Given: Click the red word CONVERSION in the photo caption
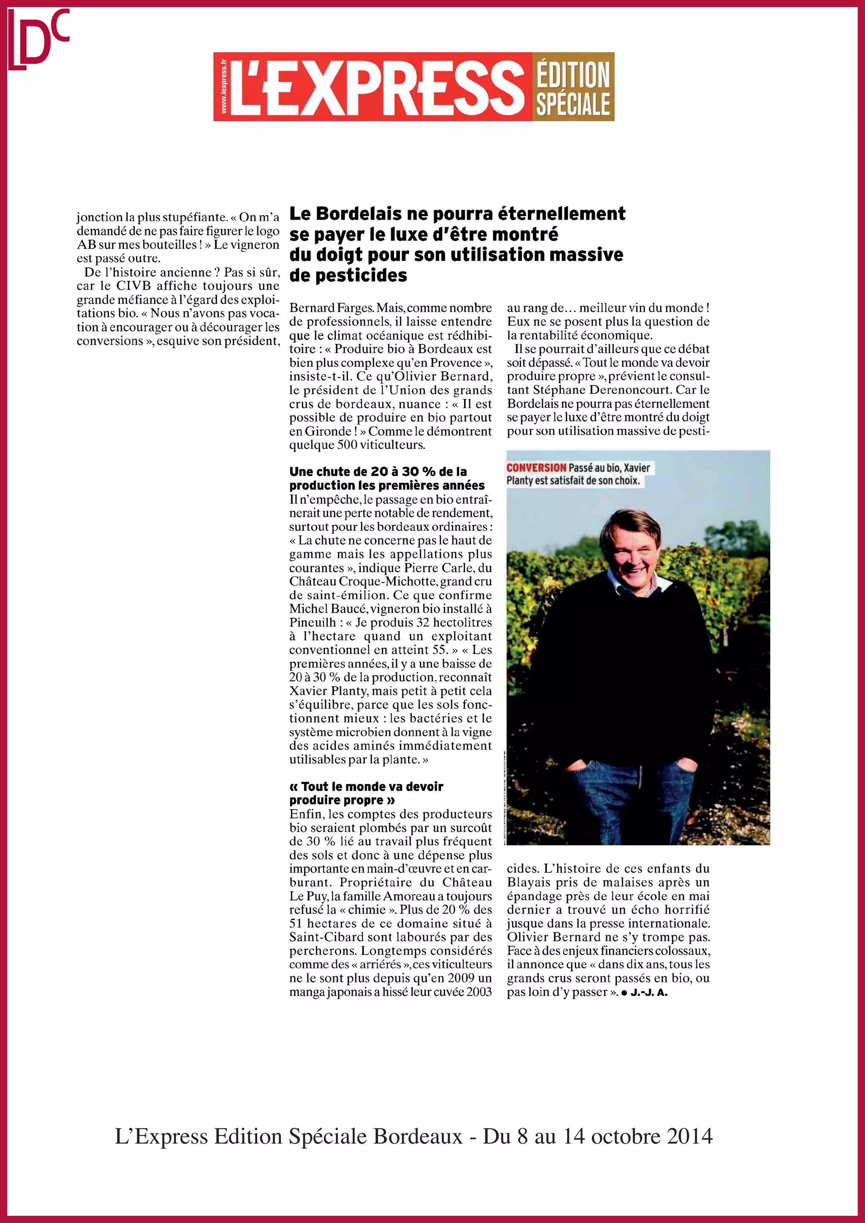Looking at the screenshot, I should [x=536, y=467].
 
